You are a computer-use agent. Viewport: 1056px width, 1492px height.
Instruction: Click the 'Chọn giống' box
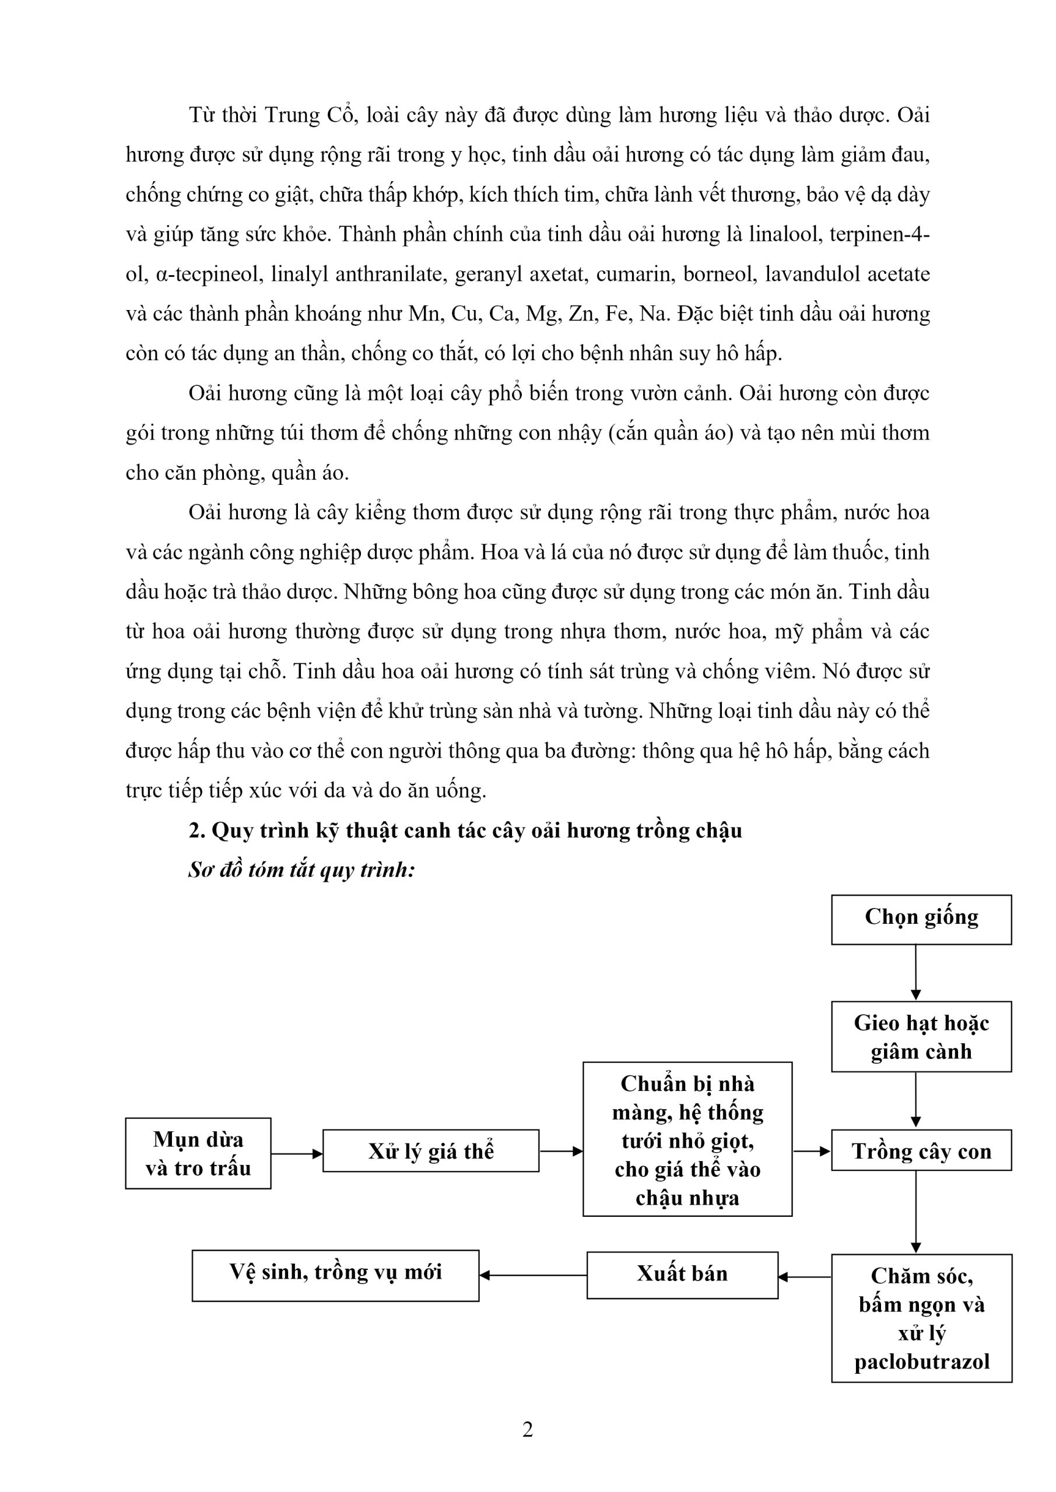(921, 920)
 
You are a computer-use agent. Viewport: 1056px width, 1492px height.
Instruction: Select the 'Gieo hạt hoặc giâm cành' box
(921, 1036)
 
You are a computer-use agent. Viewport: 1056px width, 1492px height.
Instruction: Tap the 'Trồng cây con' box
(921, 1151)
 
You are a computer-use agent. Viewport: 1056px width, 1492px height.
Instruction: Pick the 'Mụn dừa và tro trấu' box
(198, 1153)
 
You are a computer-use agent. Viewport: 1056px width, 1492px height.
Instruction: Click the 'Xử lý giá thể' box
(430, 1151)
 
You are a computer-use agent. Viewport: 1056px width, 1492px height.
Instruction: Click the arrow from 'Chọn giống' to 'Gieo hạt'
(915, 972)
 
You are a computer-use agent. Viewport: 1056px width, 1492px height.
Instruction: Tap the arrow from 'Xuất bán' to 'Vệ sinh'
(533, 1275)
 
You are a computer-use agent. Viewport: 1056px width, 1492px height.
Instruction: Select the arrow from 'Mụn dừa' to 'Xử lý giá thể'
(297, 1154)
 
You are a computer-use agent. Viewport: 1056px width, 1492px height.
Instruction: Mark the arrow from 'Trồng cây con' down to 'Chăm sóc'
(915, 1211)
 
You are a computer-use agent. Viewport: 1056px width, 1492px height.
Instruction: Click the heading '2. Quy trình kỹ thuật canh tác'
(465, 831)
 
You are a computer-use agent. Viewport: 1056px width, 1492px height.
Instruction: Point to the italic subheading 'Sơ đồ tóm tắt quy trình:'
(301, 870)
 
